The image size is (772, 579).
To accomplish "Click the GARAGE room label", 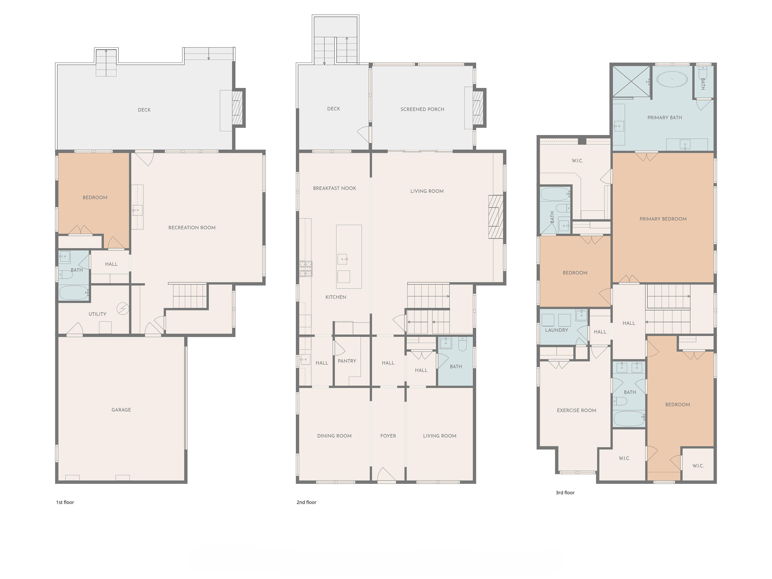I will click(121, 410).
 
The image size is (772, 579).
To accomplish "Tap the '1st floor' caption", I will click(65, 502).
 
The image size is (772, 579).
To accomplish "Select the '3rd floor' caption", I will click(565, 492).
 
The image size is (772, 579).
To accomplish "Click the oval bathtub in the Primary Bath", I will click(672, 79).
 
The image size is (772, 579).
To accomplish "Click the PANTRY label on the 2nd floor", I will click(347, 361).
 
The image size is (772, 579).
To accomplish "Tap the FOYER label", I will click(388, 436).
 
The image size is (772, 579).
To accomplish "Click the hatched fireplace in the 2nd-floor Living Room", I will click(495, 217).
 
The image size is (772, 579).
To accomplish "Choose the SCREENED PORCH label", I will click(422, 109).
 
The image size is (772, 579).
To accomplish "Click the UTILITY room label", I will click(97, 314).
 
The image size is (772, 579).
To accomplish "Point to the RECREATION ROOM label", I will click(192, 228).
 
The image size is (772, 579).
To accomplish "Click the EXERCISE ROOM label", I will click(576, 410).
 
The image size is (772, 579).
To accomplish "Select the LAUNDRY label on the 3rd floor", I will click(556, 330).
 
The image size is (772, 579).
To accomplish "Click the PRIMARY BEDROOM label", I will click(663, 219).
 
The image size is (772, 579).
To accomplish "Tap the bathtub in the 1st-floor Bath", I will click(74, 293).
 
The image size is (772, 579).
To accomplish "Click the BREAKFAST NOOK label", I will click(334, 188).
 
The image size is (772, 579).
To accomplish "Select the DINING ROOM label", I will click(334, 436).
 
